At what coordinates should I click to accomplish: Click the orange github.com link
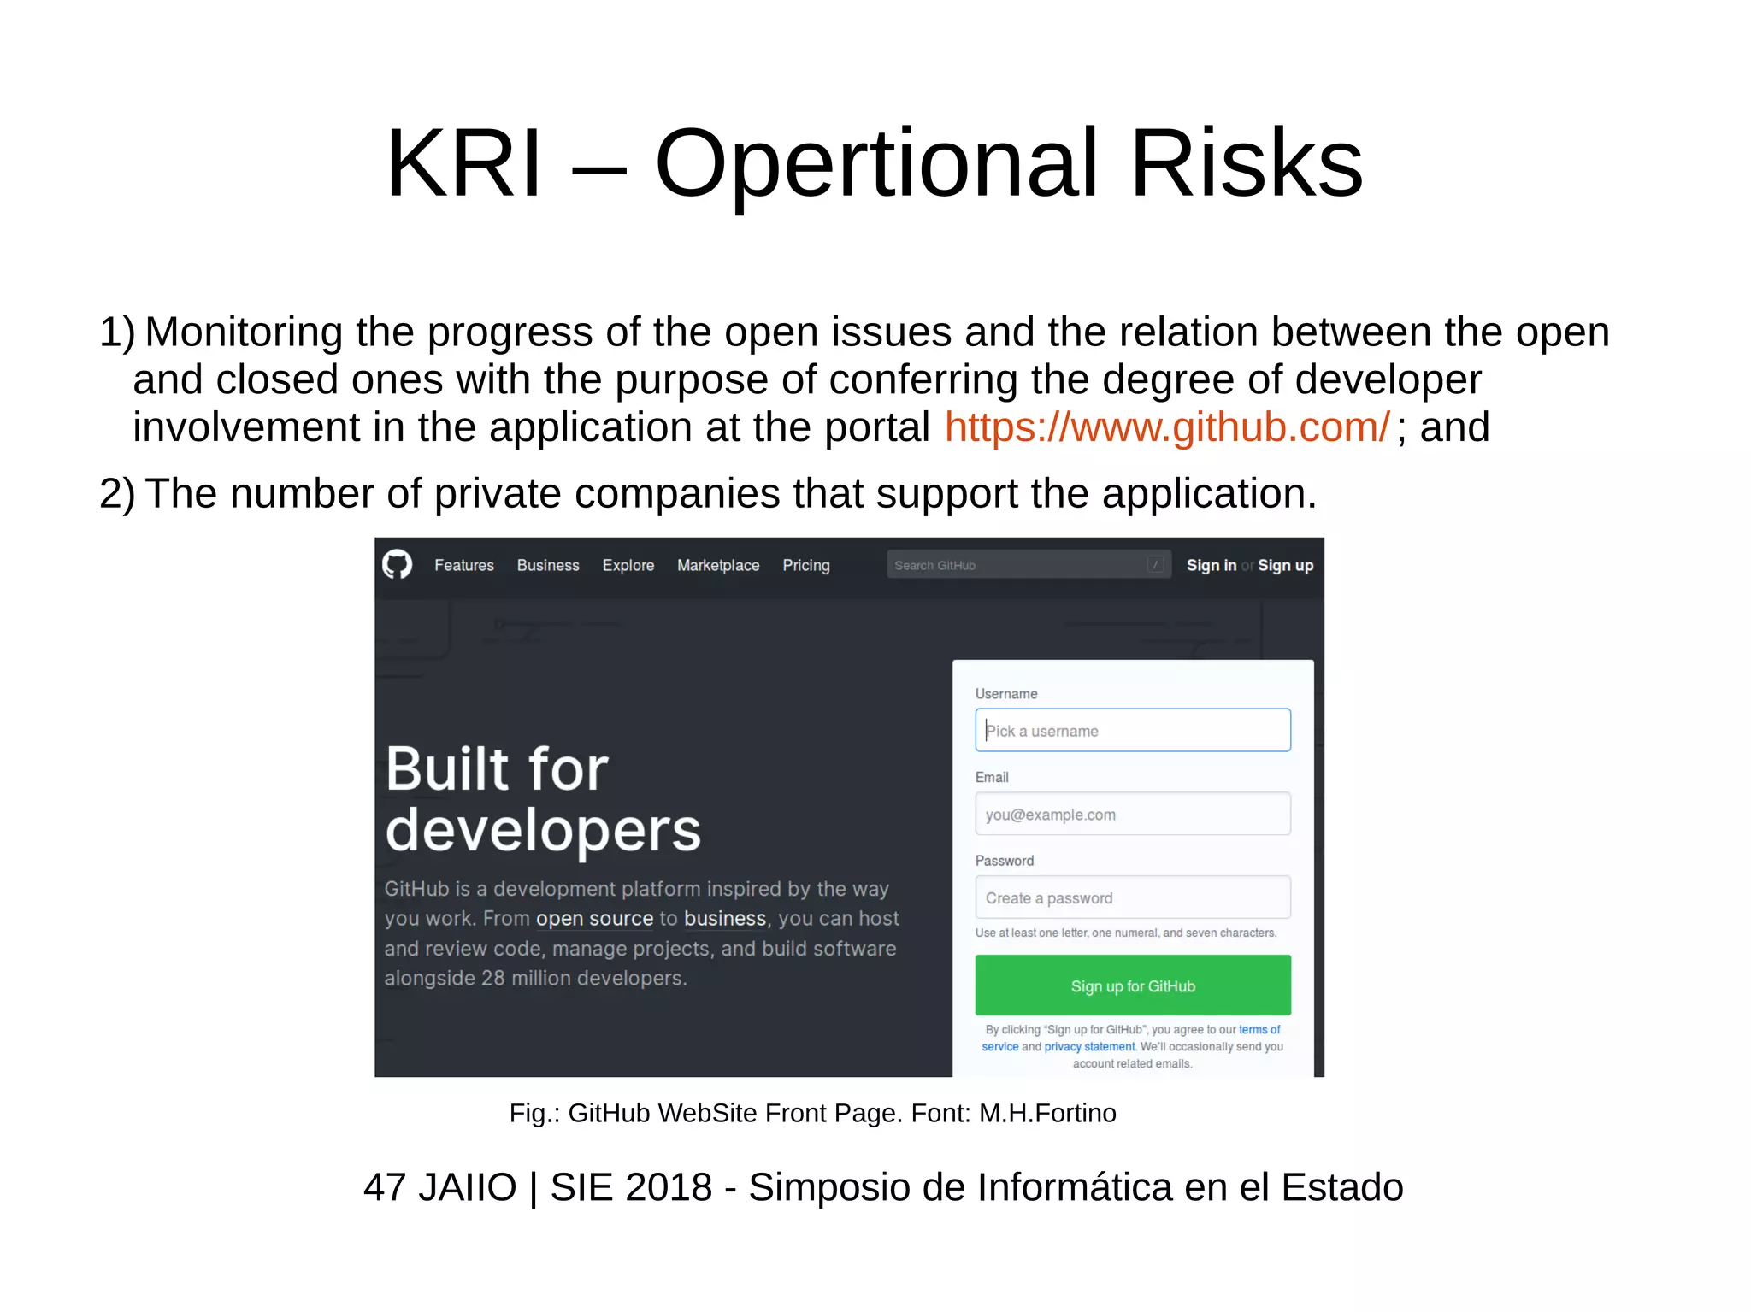pyautogui.click(x=1167, y=427)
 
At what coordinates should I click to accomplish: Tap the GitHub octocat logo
pyautogui.click(x=397, y=565)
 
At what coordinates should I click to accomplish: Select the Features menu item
pyautogui.click(x=464, y=565)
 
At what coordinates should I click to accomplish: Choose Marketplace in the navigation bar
pyautogui.click(x=718, y=565)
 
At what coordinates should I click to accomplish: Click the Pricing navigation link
pyautogui.click(x=806, y=565)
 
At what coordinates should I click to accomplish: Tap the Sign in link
pyautogui.click(x=1211, y=565)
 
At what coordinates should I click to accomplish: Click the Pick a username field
pyautogui.click(x=1133, y=731)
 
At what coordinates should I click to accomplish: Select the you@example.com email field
pyautogui.click(x=1133, y=815)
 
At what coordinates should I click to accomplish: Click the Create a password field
pyautogui.click(x=1133, y=898)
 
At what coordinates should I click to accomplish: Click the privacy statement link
pyautogui.click(x=1089, y=1047)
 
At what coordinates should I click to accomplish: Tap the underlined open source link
pyautogui.click(x=594, y=919)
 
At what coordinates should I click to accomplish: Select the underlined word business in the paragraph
pyautogui.click(x=725, y=919)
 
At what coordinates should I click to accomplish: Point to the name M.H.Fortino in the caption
pyautogui.click(x=1047, y=1113)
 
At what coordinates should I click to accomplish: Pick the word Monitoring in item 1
pyautogui.click(x=244, y=332)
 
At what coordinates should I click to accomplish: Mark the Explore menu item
pyautogui.click(x=628, y=565)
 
